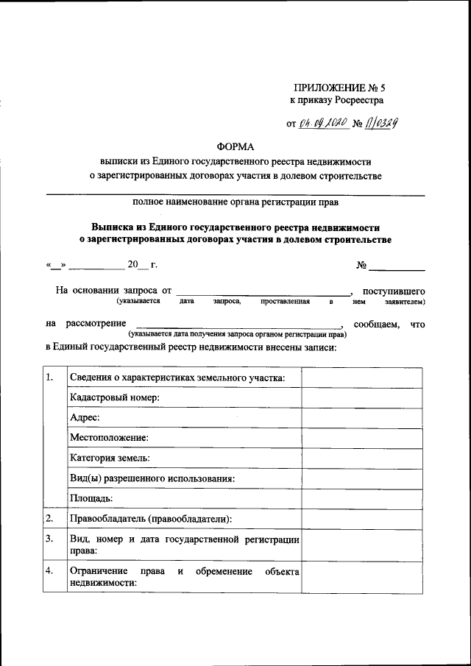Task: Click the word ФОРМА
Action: point(235,147)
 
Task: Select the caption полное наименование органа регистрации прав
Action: point(235,202)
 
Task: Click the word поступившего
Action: point(394,291)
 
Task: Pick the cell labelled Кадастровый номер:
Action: point(115,398)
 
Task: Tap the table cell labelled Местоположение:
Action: point(109,438)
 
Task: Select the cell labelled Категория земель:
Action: point(110,458)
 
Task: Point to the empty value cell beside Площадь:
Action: point(361,498)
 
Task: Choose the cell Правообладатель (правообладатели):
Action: point(151,519)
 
